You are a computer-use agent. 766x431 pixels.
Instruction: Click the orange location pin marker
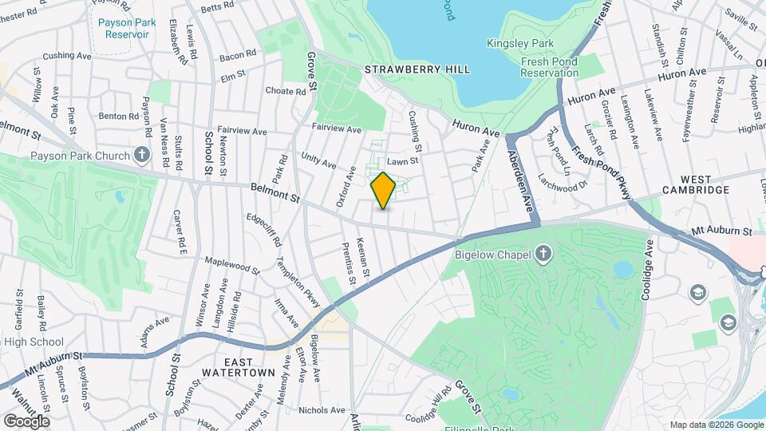click(384, 191)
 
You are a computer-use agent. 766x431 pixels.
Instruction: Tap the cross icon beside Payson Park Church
click(142, 153)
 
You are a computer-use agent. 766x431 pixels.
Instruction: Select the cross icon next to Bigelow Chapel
click(543, 254)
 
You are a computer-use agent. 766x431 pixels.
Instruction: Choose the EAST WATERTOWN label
click(239, 366)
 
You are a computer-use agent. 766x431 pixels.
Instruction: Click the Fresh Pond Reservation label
click(549, 67)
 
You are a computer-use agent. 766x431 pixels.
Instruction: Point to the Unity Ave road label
click(318, 161)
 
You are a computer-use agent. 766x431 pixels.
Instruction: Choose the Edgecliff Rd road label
click(264, 228)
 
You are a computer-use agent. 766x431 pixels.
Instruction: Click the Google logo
click(26, 421)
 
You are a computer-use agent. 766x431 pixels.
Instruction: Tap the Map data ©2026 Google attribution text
click(714, 425)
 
